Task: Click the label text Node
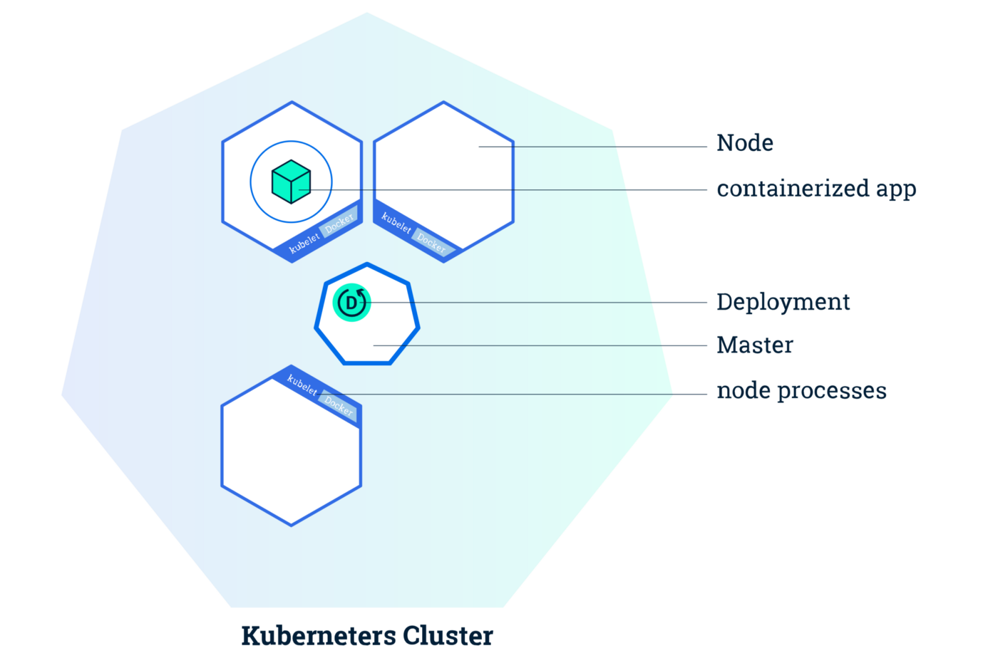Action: click(x=744, y=143)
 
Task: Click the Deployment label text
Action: click(x=783, y=302)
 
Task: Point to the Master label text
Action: click(x=754, y=345)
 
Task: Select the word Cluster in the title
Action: click(x=448, y=635)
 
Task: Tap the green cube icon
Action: click(x=291, y=182)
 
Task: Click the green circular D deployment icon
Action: click(x=351, y=303)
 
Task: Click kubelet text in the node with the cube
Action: click(x=304, y=244)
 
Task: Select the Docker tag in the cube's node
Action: click(x=339, y=223)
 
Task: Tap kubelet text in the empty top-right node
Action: click(x=396, y=223)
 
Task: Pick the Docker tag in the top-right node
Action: click(x=431, y=243)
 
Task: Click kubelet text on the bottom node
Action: click(x=302, y=385)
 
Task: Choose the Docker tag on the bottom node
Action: click(x=338, y=406)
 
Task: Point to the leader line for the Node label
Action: click(x=592, y=147)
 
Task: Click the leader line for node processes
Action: click(x=535, y=394)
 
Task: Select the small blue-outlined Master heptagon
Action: click(x=367, y=335)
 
